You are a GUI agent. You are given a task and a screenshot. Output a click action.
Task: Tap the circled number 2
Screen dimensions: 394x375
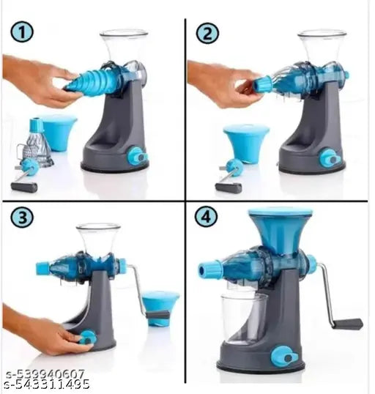206,33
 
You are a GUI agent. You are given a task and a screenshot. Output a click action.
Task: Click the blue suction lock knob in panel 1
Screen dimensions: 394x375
136,155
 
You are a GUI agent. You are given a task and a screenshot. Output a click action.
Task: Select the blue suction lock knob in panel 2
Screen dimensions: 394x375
328,157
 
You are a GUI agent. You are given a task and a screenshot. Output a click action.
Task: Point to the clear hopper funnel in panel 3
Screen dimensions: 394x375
98,239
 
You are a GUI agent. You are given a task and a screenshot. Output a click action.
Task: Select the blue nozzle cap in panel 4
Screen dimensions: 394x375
209,269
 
